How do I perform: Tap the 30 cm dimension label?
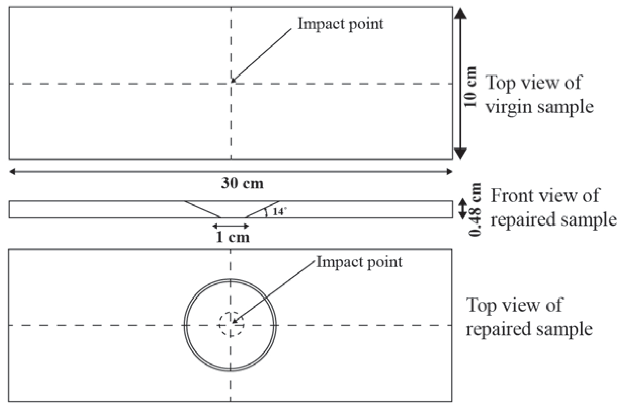tap(242, 183)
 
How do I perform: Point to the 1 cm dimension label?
tap(233, 237)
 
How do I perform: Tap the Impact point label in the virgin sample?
tap(341, 24)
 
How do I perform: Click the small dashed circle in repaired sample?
tap(231, 324)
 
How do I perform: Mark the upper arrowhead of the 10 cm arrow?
tap(460, 13)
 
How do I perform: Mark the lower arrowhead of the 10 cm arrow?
tap(460, 153)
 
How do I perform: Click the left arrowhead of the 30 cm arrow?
tap(12, 172)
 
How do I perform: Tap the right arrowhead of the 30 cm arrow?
tap(449, 172)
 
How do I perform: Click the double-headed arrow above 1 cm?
tap(231, 226)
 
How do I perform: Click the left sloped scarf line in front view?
tap(203, 209)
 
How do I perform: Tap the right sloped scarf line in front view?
tap(262, 209)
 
